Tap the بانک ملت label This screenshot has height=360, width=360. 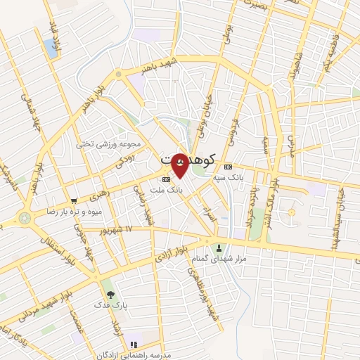(169, 190)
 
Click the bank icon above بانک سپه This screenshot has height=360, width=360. (228, 167)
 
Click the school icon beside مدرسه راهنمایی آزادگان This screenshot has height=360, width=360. (134, 345)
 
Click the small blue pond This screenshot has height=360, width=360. (51, 48)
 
